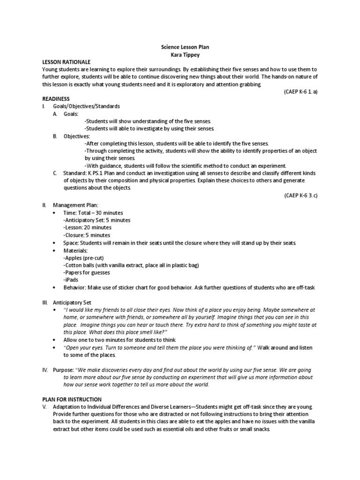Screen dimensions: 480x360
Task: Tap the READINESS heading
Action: (56, 99)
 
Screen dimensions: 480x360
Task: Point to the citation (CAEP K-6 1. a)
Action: (300, 91)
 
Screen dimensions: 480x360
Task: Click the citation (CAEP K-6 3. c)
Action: (300, 195)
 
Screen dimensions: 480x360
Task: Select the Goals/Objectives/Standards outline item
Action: (86, 106)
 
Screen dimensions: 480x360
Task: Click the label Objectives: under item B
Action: (76, 136)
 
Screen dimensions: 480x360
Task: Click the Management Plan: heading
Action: (75, 205)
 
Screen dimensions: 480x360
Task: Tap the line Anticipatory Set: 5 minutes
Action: (97, 220)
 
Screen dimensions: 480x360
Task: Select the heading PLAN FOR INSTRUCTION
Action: (72, 399)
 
